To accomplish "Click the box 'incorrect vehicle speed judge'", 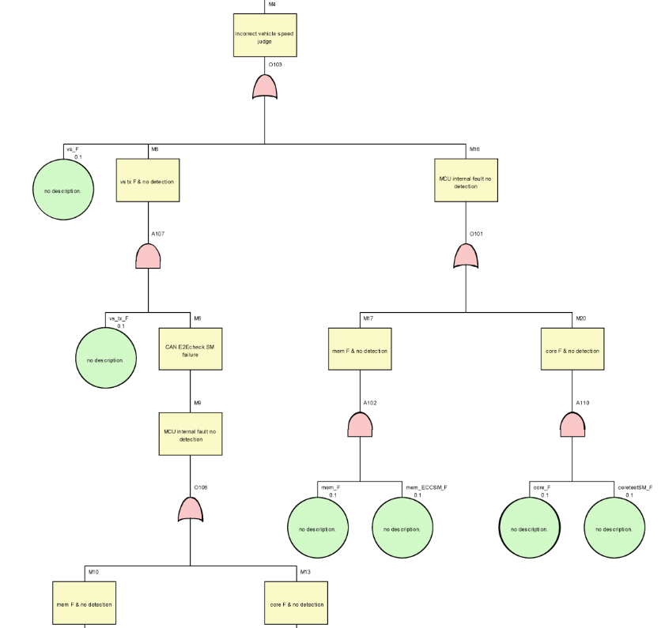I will (265, 36).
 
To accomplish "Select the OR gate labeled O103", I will (265, 87).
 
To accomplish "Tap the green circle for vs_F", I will (63, 190).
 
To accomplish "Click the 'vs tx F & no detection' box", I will (148, 181).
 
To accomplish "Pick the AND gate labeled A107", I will (148, 256).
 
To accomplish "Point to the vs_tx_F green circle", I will (106, 359).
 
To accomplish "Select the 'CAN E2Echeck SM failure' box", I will (191, 349).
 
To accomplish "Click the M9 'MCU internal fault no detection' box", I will (191, 434).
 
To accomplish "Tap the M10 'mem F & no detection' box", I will (85, 604).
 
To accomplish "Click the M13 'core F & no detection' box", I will (296, 604).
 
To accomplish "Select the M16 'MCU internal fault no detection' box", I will (466, 181).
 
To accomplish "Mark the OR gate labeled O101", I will (466, 256).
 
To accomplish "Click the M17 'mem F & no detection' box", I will (360, 349).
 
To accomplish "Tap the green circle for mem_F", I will (318, 528).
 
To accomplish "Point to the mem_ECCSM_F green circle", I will (402, 528).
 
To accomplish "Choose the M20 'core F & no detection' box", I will (572, 349).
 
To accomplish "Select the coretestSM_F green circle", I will (614, 528).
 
